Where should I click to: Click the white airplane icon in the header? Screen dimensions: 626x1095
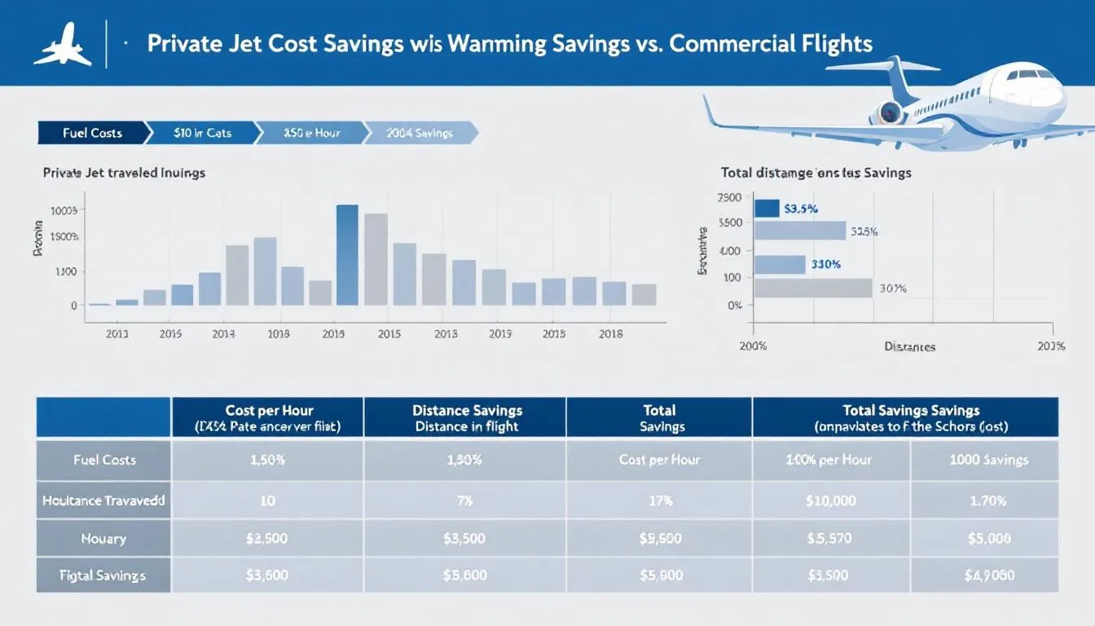click(x=62, y=46)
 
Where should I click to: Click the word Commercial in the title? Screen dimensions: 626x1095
click(x=732, y=43)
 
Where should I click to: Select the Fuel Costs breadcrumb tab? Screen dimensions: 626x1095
click(x=91, y=133)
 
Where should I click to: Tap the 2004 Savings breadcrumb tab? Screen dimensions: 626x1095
click(x=419, y=133)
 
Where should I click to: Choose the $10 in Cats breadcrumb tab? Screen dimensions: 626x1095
click(x=202, y=133)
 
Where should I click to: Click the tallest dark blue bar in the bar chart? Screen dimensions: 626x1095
click(x=347, y=254)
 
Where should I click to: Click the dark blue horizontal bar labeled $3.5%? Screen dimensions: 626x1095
click(x=767, y=209)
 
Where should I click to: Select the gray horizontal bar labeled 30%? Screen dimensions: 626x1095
click(x=812, y=288)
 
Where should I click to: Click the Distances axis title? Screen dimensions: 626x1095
click(x=909, y=346)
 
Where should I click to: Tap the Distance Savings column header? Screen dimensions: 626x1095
click(x=467, y=417)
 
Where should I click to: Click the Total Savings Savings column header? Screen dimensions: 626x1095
click(x=911, y=417)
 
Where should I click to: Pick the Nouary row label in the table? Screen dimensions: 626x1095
click(x=103, y=538)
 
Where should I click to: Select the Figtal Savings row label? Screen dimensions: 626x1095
click(x=103, y=575)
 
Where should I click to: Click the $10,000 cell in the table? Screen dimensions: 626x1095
click(x=830, y=500)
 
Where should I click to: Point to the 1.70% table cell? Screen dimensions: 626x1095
click(x=988, y=500)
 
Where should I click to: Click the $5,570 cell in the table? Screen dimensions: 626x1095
click(x=830, y=538)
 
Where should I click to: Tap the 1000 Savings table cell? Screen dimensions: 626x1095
click(x=988, y=460)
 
